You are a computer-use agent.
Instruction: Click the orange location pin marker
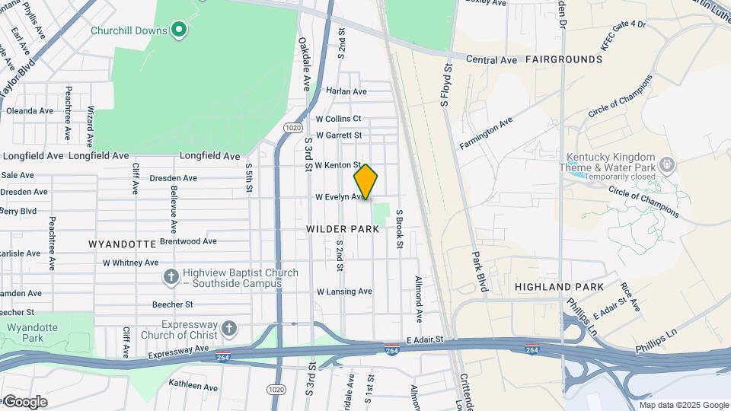[365, 182]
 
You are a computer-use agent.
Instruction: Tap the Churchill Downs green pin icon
[179, 30]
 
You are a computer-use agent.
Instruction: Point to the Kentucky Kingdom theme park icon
[667, 164]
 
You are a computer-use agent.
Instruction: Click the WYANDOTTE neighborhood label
[121, 244]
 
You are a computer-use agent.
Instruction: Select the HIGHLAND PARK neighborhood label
[559, 287]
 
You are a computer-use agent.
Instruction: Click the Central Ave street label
[492, 59]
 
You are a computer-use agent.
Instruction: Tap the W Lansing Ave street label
[344, 292]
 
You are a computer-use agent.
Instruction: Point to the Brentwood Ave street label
[188, 241]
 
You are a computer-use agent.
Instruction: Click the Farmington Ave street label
[485, 133]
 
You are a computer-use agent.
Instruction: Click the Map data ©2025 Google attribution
[684, 405]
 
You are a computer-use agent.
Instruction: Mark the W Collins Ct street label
[338, 119]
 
